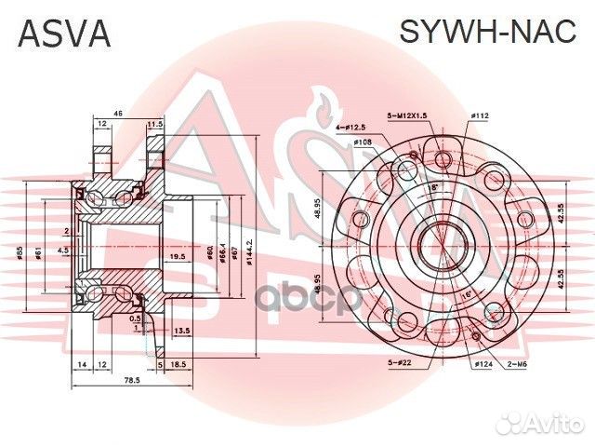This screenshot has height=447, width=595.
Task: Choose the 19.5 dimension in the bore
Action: (x=177, y=256)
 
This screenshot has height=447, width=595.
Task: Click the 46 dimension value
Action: (x=118, y=113)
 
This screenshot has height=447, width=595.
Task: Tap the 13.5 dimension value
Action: (x=182, y=330)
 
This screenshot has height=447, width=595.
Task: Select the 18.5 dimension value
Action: (x=178, y=366)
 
